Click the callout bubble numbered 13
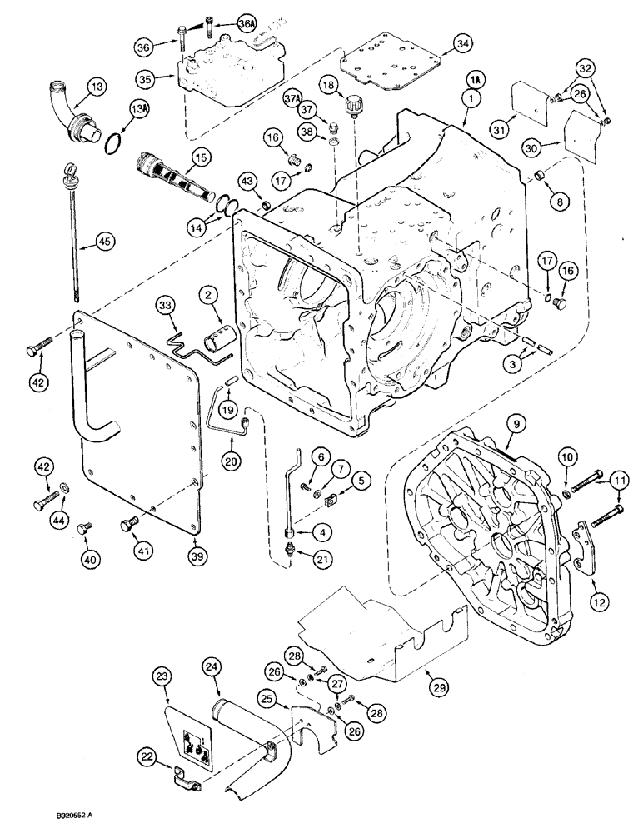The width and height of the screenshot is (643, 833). pyautogui.click(x=97, y=86)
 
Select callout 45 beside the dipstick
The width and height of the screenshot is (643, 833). pyautogui.click(x=103, y=241)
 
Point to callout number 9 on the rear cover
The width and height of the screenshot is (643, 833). pyautogui.click(x=516, y=424)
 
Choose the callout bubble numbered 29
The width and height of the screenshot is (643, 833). pyautogui.click(x=440, y=687)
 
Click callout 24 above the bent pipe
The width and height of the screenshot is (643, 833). pyautogui.click(x=212, y=666)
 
